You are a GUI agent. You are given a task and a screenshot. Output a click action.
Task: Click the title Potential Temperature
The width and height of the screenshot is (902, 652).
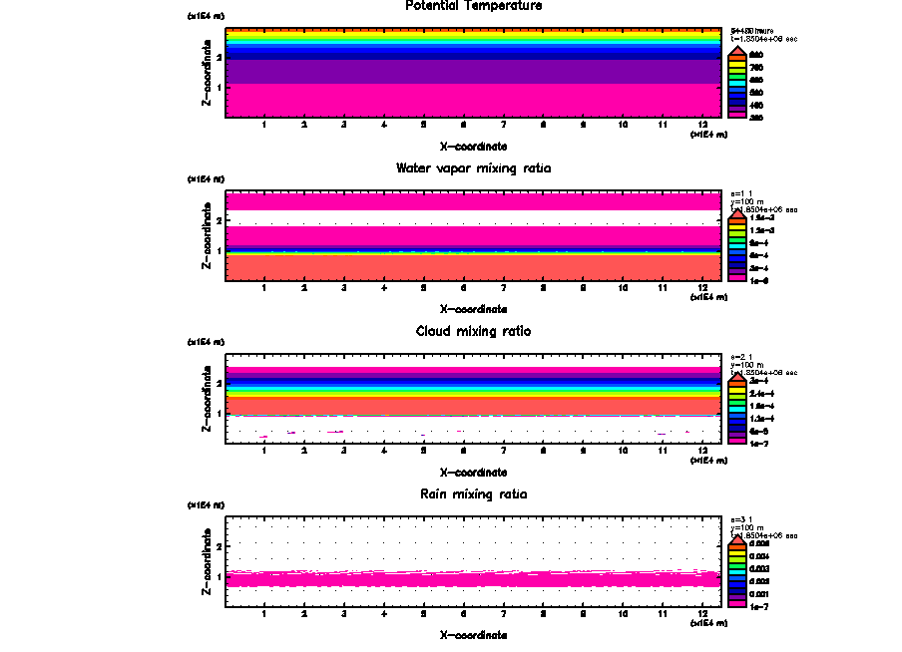(473, 6)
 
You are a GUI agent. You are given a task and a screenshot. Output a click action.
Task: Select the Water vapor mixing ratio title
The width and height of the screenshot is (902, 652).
(473, 168)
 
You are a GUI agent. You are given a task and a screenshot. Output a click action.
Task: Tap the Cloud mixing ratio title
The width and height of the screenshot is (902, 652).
(473, 331)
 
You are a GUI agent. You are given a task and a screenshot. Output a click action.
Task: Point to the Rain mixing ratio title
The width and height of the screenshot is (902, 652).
(473, 493)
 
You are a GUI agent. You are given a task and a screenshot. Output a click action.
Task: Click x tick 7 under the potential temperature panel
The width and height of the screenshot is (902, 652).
(503, 125)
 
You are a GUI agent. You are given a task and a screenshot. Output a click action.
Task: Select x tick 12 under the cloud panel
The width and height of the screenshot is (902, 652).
(702, 450)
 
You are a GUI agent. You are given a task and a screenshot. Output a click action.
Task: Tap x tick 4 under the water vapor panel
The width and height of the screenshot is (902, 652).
(384, 287)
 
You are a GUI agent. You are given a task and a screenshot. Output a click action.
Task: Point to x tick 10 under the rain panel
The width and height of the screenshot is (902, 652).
(623, 612)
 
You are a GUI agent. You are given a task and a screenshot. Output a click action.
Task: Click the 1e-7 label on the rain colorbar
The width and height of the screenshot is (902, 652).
(758, 605)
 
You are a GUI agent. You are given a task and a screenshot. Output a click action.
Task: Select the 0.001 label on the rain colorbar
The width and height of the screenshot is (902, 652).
(758, 592)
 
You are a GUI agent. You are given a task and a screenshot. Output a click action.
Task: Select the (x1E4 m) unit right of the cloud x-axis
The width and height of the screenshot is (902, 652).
(708, 460)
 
